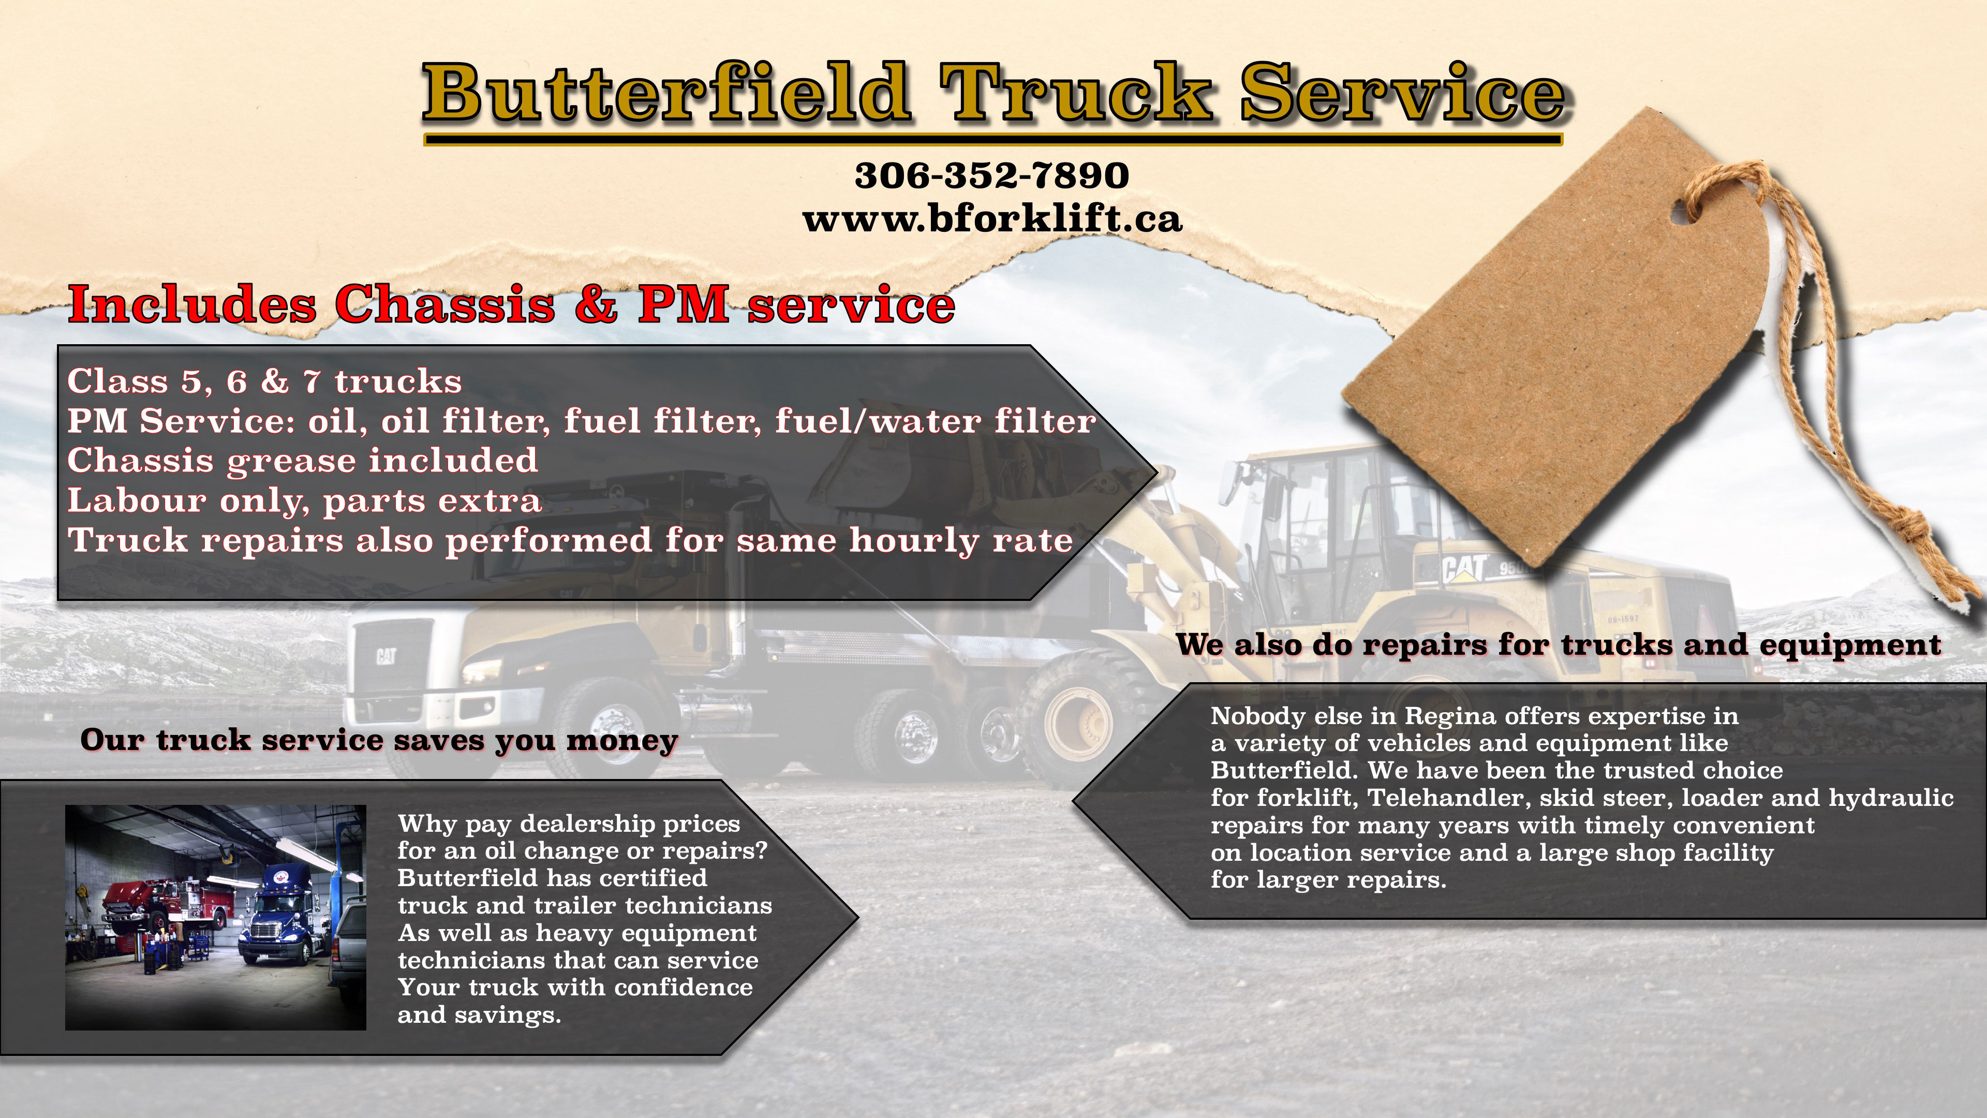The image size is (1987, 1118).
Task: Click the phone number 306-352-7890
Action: click(992, 175)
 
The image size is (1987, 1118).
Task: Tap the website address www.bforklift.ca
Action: click(992, 218)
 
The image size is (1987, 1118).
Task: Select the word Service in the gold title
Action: click(1402, 93)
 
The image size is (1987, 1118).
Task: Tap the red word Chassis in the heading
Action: click(445, 304)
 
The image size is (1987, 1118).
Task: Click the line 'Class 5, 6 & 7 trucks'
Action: click(264, 381)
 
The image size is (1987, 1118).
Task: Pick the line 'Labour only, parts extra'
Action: click(305, 501)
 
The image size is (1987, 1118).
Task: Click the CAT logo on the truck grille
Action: click(385, 657)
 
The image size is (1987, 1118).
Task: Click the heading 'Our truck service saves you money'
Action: click(379, 740)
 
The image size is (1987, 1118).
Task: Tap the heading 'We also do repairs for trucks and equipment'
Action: click(1558, 644)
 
